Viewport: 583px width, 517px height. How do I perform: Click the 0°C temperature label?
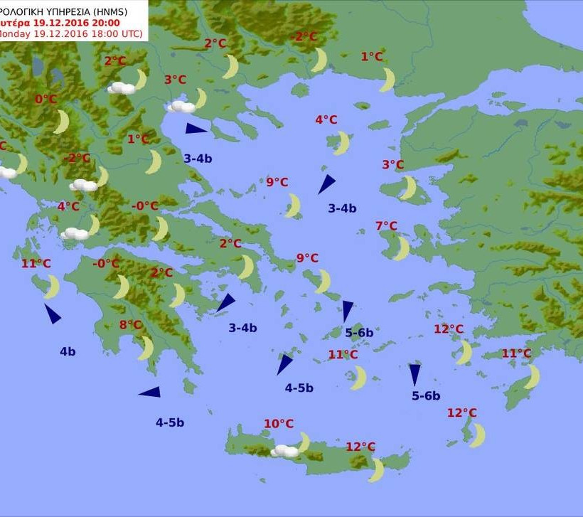(46, 99)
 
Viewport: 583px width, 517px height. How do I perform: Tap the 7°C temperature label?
(386, 226)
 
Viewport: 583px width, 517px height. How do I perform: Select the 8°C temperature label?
(131, 325)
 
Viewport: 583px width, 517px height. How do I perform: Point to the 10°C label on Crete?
(279, 424)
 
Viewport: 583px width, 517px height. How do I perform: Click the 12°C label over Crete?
(360, 447)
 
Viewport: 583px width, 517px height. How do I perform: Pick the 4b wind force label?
(68, 351)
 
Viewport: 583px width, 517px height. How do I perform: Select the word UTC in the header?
(129, 33)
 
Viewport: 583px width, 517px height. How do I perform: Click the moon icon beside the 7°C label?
(402, 248)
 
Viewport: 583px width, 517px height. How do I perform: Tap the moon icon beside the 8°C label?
(146, 348)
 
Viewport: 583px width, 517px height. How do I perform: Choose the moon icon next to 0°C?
(62, 122)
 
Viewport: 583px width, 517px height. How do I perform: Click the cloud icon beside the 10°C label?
(286, 451)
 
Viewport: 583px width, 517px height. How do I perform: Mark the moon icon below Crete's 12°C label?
(377, 470)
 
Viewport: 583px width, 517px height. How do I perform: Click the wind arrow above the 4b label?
(53, 313)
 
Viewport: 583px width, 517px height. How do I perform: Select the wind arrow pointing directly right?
(196, 129)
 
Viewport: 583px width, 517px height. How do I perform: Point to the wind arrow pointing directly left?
(150, 392)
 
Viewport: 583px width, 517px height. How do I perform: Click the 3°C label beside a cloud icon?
(175, 80)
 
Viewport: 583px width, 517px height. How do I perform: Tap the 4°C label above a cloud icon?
(68, 206)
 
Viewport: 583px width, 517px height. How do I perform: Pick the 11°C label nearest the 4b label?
(36, 263)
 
